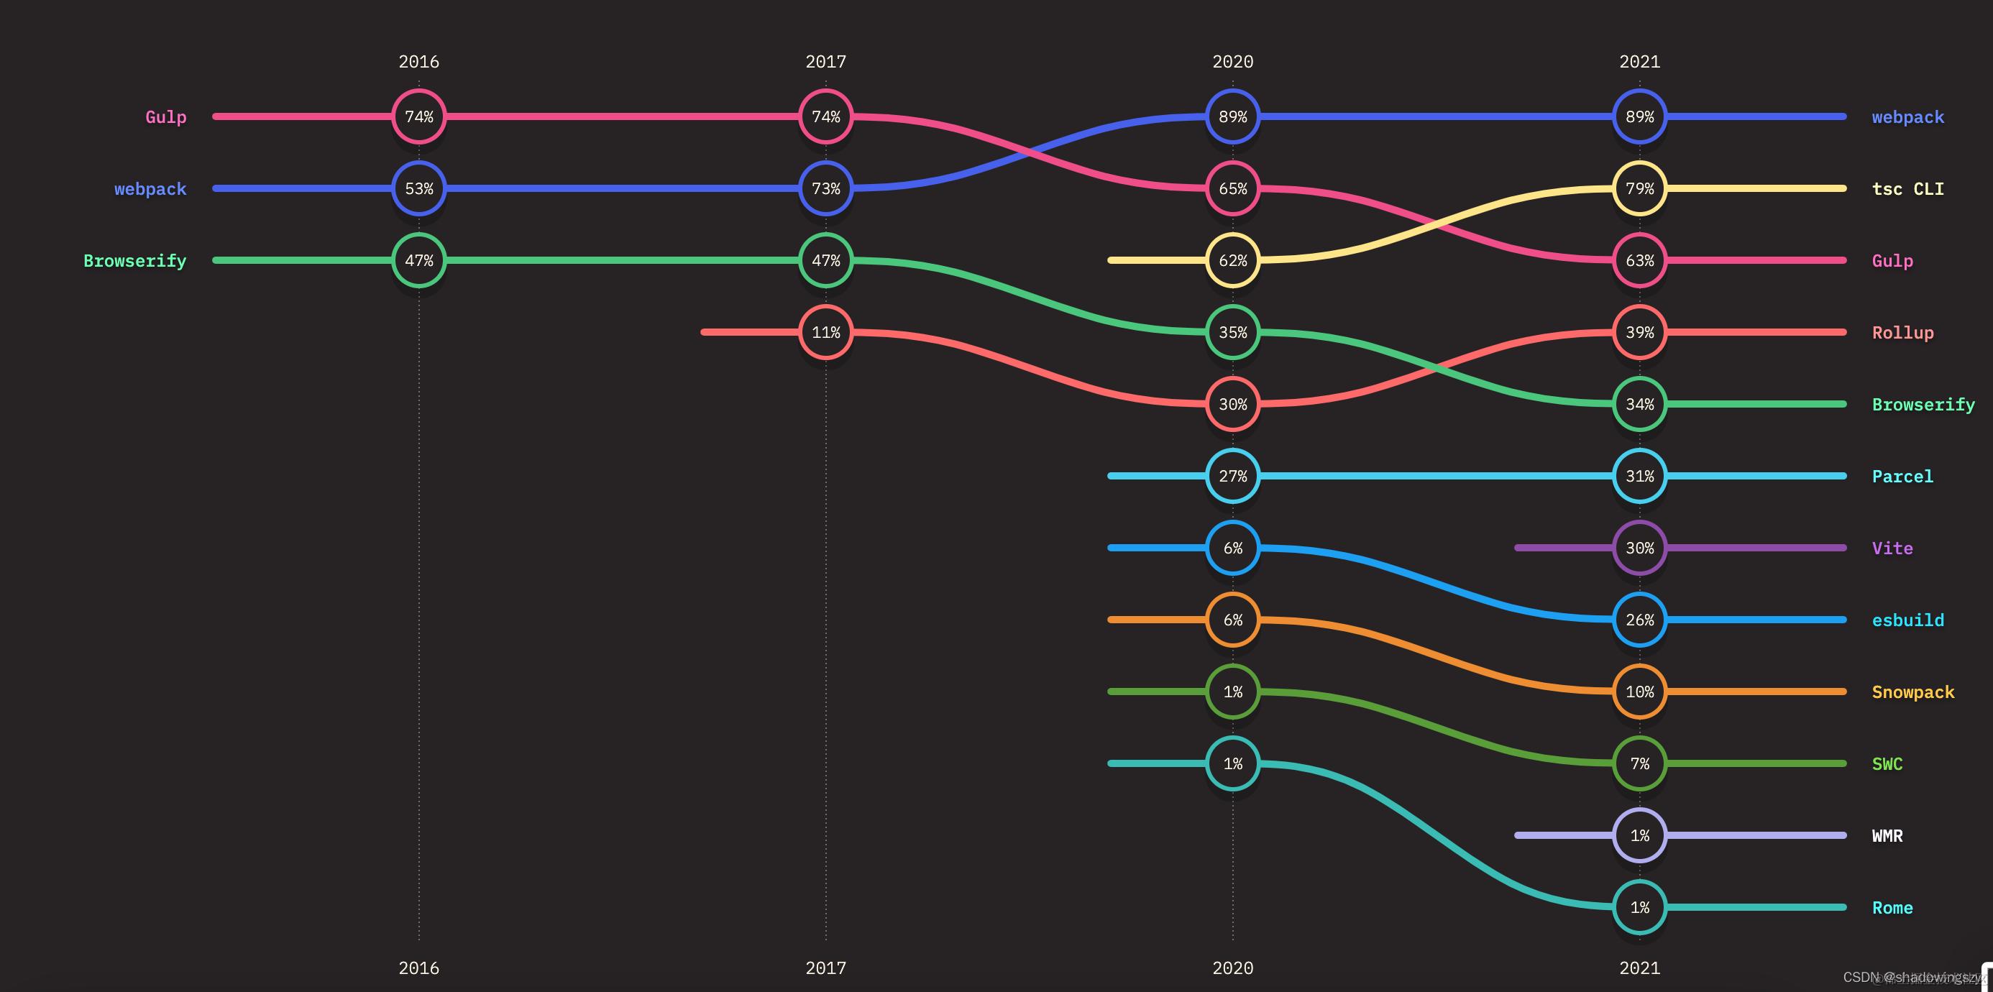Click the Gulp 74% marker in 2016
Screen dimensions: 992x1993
[418, 117]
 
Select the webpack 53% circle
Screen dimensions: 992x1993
[418, 189]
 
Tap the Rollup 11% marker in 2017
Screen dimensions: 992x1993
[825, 333]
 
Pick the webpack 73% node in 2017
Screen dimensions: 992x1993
[825, 189]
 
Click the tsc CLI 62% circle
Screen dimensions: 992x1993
[1232, 261]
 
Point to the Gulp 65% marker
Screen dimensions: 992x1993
[1232, 189]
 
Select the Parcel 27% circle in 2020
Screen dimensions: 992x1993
[1232, 476]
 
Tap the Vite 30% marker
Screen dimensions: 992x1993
[1639, 548]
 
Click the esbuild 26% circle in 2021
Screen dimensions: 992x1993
[1639, 620]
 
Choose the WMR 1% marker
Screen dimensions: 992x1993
[1639, 836]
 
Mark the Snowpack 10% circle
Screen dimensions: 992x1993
[1639, 692]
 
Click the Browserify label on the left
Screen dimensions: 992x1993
[134, 261]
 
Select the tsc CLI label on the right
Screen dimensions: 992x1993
[1907, 189]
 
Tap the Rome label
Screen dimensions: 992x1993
[1892, 908]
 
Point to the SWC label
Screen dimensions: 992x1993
[1887, 763]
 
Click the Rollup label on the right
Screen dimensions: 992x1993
[1902, 333]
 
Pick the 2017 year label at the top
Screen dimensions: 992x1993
[825, 62]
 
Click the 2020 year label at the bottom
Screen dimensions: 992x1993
[1232, 968]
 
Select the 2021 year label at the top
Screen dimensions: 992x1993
[1639, 62]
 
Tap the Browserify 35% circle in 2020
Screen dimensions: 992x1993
[1232, 333]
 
